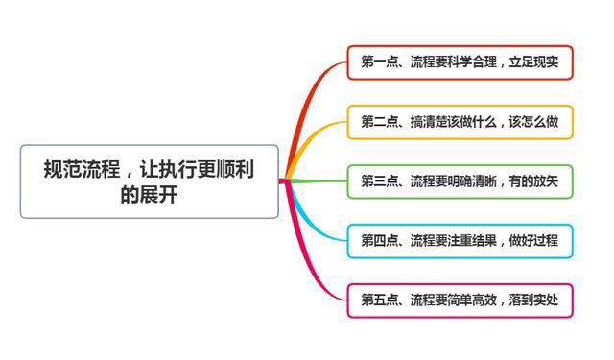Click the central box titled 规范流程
(x=150, y=181)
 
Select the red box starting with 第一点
(x=460, y=62)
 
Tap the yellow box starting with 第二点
(x=460, y=122)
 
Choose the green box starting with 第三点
(x=460, y=181)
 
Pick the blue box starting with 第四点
(x=460, y=241)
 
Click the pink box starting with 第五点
(x=460, y=300)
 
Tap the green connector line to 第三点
(x=318, y=181)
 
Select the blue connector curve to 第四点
(x=309, y=220)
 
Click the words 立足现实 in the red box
(x=533, y=62)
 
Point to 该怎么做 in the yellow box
(x=533, y=122)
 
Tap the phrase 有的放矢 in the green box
(x=533, y=181)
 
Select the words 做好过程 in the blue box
(x=533, y=241)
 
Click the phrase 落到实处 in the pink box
(x=533, y=300)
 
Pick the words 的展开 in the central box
(x=150, y=195)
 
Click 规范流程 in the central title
(x=82, y=169)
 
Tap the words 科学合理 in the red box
(x=472, y=62)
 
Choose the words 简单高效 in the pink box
(x=472, y=300)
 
